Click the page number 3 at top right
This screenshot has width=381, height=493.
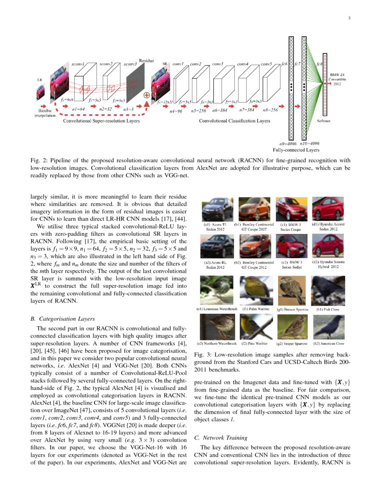point(348,18)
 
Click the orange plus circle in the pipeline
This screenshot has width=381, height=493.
point(146,95)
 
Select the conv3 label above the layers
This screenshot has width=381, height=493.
point(218,65)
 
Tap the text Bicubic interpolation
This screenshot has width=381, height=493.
point(46,112)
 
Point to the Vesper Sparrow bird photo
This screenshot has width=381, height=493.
point(292,326)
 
